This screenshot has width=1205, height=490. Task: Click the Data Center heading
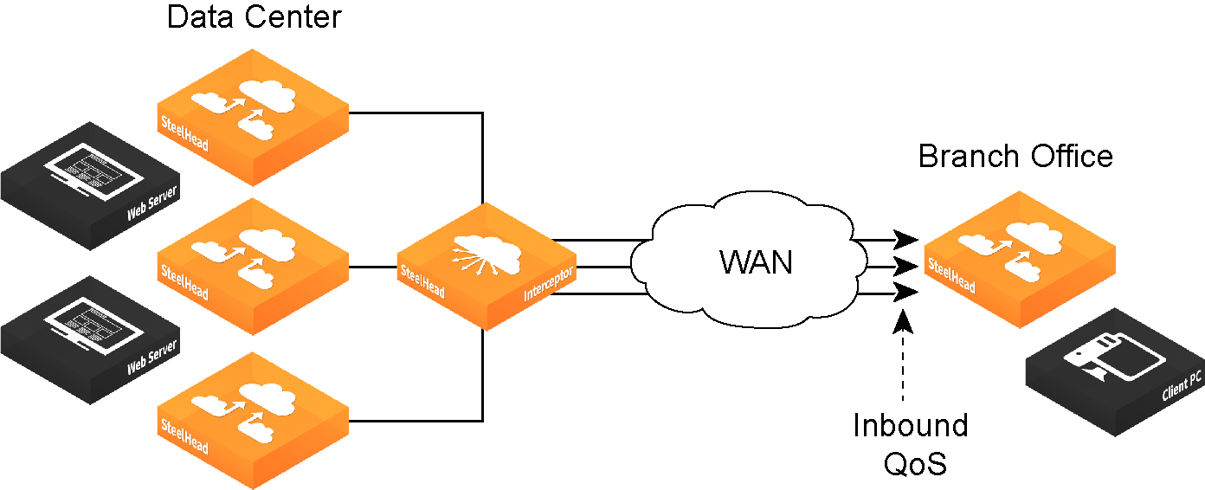(254, 17)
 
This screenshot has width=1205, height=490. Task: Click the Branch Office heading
(1015, 157)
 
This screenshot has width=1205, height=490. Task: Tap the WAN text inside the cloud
(756, 262)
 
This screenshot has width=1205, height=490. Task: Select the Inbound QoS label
(911, 444)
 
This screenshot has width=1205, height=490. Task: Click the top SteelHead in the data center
(253, 117)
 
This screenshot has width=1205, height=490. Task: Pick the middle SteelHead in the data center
(253, 267)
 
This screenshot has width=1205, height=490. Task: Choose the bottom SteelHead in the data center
(253, 421)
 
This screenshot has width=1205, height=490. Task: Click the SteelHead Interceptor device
(487, 266)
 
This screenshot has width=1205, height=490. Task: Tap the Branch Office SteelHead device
(1020, 259)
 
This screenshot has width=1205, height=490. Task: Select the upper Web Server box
(90, 186)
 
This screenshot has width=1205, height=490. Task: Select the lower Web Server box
(90, 340)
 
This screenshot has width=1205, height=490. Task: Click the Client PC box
(1115, 372)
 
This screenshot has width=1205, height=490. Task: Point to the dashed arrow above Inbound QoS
(903, 355)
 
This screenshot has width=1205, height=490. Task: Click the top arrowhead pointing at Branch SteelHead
(905, 239)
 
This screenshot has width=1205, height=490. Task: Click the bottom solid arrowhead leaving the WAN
(905, 293)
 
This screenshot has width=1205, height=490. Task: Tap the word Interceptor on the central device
(549, 283)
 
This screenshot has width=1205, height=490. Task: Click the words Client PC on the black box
(1182, 386)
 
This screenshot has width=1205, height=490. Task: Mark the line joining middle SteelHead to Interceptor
(373, 267)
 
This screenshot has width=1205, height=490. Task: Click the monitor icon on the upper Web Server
(93, 171)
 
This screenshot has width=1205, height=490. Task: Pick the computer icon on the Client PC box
(1115, 356)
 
